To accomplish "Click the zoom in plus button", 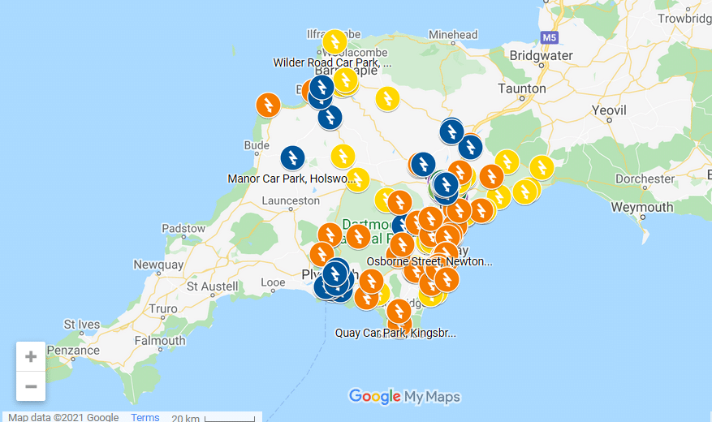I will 31,356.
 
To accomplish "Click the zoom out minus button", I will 31,386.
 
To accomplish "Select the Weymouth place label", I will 641,207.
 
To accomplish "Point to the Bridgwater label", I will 542,56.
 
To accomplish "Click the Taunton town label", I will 522,88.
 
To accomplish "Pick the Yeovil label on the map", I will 607,110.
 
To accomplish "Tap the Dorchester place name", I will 645,179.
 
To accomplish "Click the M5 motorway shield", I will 549,37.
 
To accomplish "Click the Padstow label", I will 183,229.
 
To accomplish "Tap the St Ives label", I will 81,325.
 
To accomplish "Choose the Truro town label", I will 162,309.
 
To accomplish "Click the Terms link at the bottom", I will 145,417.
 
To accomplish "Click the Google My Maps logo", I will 404,397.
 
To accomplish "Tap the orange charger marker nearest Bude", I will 268,105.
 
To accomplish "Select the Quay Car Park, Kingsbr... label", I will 395,333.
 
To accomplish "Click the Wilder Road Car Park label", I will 332,62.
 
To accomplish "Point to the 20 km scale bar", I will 229,418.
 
